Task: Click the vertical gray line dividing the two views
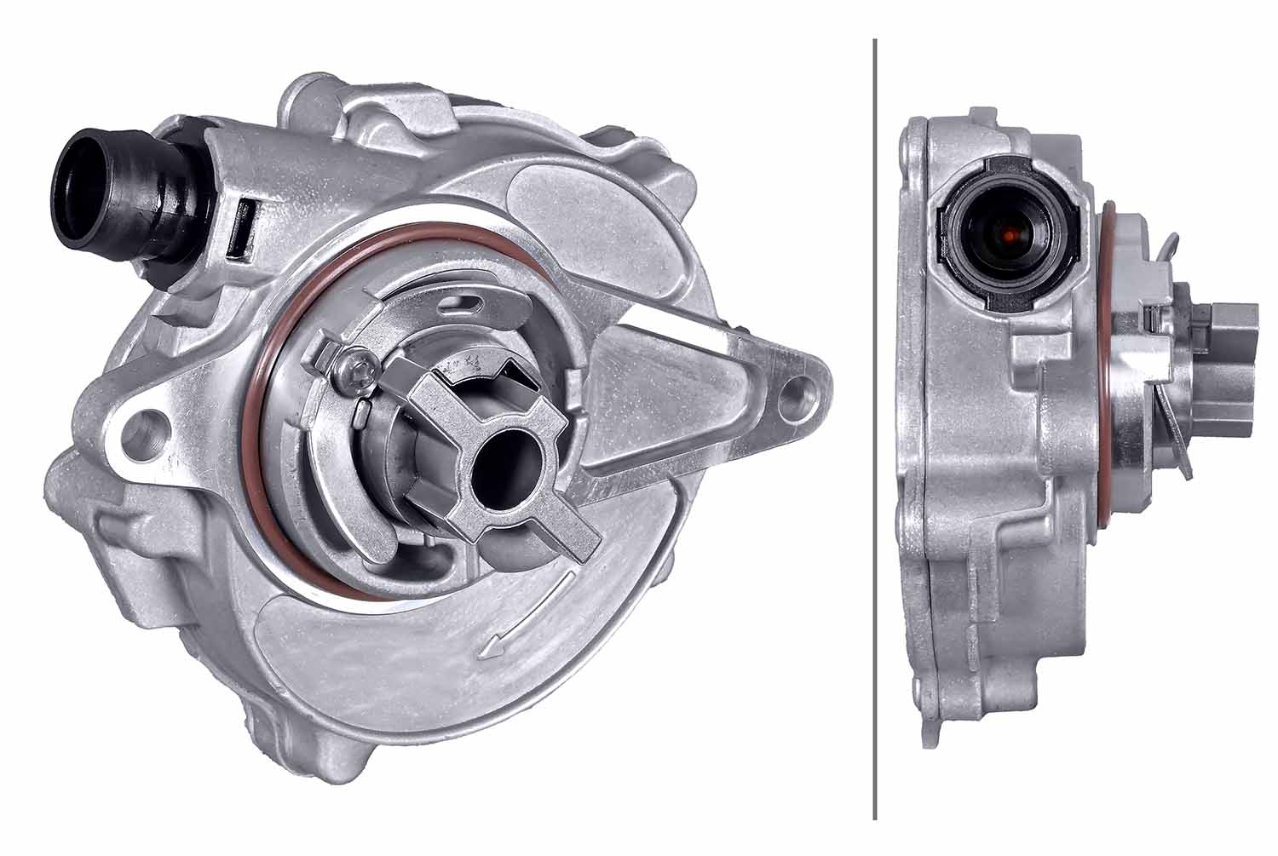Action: click(x=875, y=426)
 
